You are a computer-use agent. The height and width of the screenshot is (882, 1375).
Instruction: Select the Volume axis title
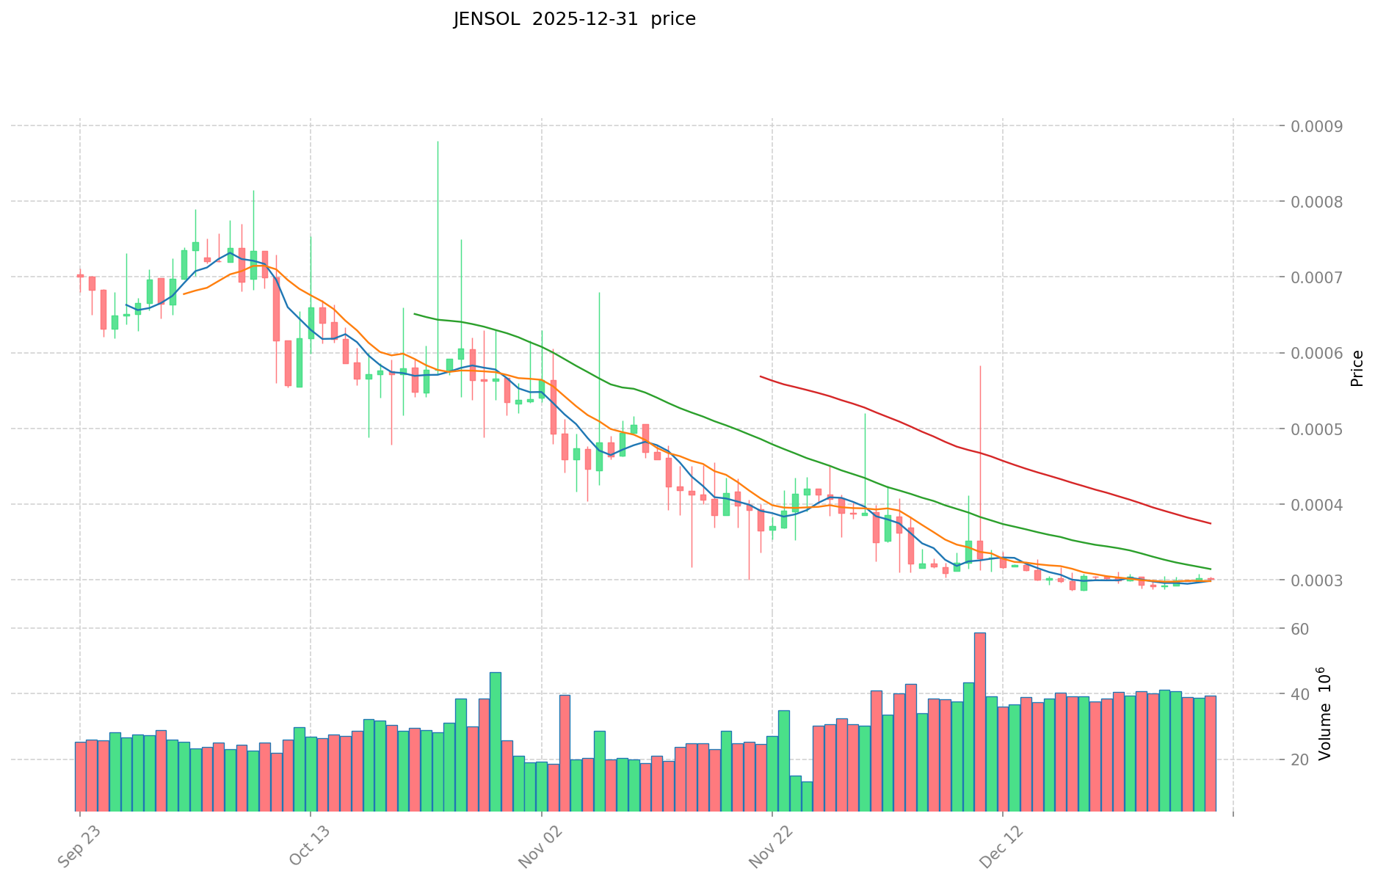[1324, 713]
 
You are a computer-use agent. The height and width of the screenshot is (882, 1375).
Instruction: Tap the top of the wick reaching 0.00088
[438, 142]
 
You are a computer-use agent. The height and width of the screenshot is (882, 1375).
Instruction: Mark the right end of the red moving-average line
[1211, 523]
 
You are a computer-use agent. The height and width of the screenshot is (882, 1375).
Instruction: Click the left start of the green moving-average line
[415, 314]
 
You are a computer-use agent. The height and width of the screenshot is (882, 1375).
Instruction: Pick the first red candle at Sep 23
[80, 276]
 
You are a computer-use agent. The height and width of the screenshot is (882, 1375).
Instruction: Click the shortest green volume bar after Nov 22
[807, 796]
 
